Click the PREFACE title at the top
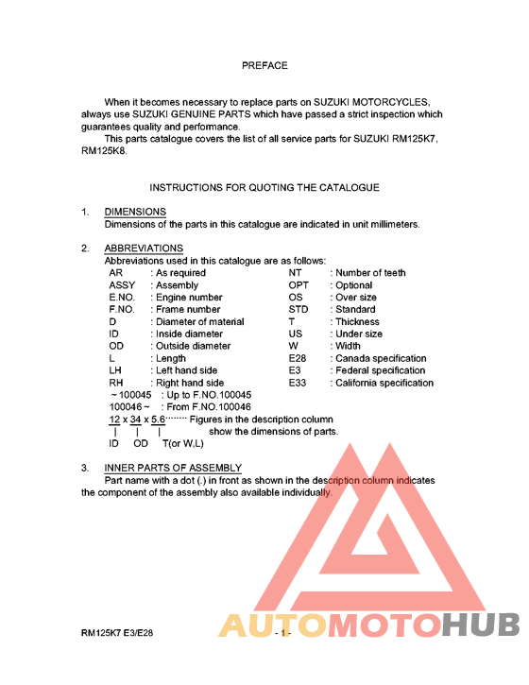264,65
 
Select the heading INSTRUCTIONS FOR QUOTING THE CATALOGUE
264,188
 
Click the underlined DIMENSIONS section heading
135,212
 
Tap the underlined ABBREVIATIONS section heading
144,248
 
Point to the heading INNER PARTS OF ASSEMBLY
173,469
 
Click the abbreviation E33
298,384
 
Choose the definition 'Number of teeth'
371,273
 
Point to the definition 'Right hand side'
189,384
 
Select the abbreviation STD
299,310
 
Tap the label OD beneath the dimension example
141,443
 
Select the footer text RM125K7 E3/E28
117,634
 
